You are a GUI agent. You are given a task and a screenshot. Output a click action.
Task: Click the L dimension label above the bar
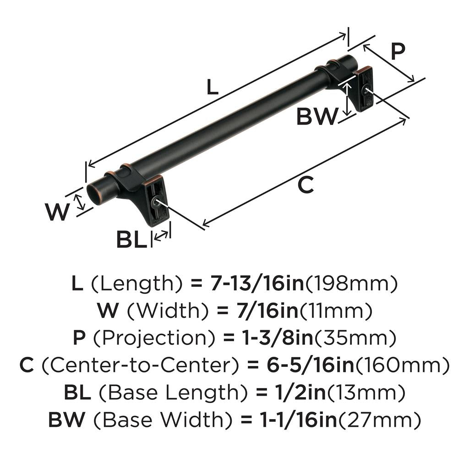(x=212, y=87)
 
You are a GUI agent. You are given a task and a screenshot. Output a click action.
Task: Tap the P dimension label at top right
(x=397, y=52)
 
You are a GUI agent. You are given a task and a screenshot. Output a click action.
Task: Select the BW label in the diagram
(x=316, y=117)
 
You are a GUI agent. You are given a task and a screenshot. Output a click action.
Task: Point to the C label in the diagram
(x=305, y=185)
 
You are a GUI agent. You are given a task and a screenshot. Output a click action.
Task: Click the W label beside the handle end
(x=58, y=212)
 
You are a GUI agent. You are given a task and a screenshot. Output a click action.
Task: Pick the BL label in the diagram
(x=131, y=240)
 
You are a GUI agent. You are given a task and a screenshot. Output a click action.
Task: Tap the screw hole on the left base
(x=157, y=202)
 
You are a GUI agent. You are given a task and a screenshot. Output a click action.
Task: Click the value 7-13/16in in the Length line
(x=257, y=284)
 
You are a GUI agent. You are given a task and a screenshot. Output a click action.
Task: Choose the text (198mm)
(x=350, y=284)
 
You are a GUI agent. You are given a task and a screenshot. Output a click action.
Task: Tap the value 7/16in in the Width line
(x=260, y=311)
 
